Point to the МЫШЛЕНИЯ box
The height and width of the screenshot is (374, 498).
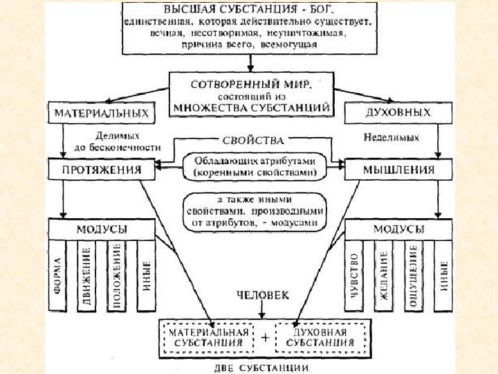(398, 168)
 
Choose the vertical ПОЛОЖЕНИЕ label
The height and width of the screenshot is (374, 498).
(117, 276)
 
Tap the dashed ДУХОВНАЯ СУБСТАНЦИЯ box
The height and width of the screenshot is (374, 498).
(315, 337)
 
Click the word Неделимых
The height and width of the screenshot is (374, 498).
(391, 137)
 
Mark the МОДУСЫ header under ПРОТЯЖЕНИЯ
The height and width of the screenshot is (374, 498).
(101, 229)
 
